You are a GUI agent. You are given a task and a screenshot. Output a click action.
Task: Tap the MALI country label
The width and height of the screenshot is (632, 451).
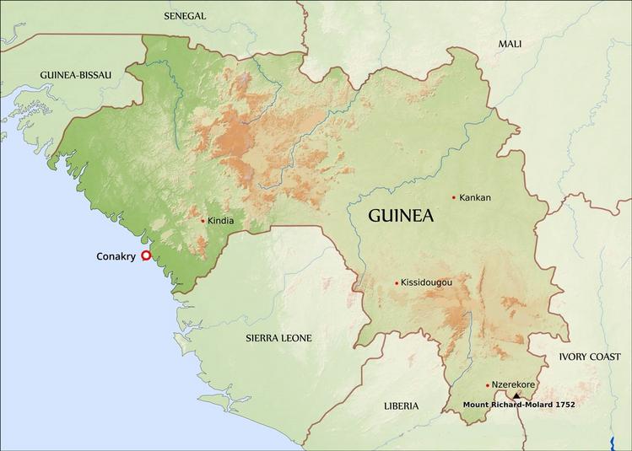(x=510, y=44)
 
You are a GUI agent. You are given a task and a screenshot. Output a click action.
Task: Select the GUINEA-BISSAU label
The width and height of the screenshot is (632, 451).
(x=75, y=75)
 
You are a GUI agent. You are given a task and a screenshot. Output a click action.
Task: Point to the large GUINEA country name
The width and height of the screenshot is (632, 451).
(x=401, y=216)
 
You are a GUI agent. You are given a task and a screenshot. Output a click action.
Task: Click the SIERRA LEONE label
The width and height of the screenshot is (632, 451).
(x=278, y=338)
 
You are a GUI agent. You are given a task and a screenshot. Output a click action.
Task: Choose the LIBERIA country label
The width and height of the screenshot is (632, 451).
(x=401, y=406)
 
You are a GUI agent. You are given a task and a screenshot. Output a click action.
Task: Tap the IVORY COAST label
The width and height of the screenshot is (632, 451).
(x=589, y=357)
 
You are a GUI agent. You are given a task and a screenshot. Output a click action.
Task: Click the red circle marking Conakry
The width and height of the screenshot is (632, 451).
(x=146, y=255)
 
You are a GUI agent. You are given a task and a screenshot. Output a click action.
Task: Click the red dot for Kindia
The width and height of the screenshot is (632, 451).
(x=203, y=221)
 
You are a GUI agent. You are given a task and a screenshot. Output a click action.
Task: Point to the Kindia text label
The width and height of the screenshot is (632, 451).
(x=220, y=222)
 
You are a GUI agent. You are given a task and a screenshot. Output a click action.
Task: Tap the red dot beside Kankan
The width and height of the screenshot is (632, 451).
(x=454, y=198)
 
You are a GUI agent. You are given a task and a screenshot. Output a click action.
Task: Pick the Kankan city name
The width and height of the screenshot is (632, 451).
(x=475, y=198)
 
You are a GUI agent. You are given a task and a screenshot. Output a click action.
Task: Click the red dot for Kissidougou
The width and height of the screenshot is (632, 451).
(x=397, y=283)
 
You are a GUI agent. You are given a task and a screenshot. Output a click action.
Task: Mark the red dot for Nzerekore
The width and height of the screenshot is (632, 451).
(x=488, y=385)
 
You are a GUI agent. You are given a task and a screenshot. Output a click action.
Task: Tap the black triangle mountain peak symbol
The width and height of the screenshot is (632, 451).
(x=516, y=395)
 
